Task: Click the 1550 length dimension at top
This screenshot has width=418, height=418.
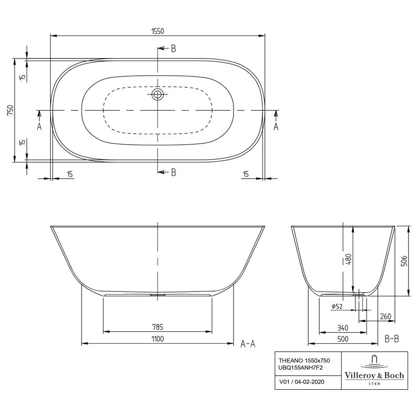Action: (x=158, y=31)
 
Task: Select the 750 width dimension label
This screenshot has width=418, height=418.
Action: (x=10, y=110)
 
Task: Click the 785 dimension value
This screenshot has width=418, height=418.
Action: (x=158, y=327)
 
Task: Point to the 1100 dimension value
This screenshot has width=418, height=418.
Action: (x=158, y=339)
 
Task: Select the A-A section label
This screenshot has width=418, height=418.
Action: (x=247, y=344)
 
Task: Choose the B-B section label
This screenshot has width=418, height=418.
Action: (x=391, y=340)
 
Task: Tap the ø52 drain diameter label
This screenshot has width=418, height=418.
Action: (x=337, y=306)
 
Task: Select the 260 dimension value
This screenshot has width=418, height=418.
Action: (x=386, y=316)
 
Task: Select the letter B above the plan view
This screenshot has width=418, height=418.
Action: (x=173, y=49)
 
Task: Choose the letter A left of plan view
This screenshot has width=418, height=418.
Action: (x=39, y=126)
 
